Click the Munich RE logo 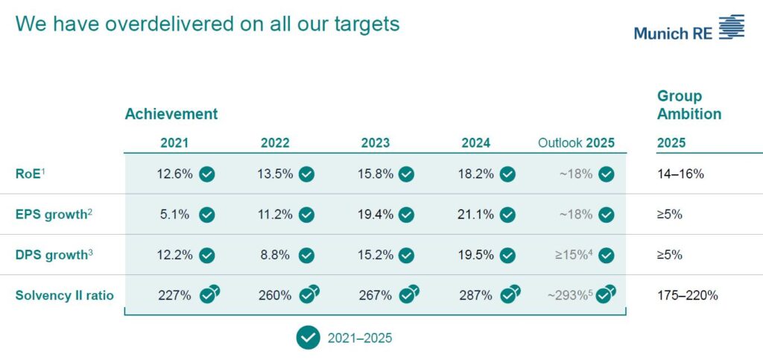coord(688,28)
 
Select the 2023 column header coord(376,143)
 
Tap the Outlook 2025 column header coord(576,143)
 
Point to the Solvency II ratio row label coord(65,295)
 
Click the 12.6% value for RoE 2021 coord(174,174)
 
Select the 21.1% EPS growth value coord(475,215)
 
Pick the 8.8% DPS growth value coord(275,255)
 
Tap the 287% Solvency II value coord(475,295)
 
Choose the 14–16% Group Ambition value coord(680,174)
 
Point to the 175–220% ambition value coord(688,295)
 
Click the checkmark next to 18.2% coord(507,174)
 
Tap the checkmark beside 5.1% coord(207,215)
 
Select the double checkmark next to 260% coord(309,294)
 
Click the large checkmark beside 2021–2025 coord(308,338)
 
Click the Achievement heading coord(171,114)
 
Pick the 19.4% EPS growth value coord(376,215)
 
